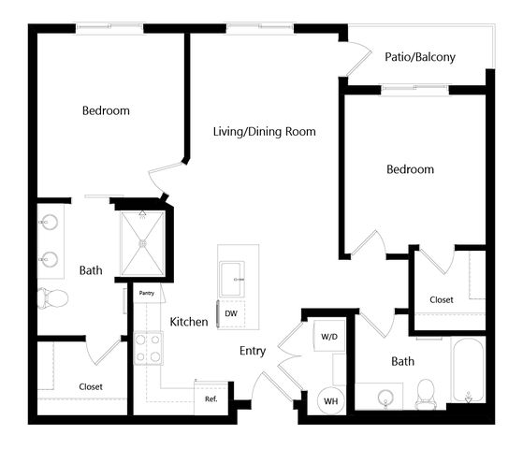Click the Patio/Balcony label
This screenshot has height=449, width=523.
pyautogui.click(x=420, y=57)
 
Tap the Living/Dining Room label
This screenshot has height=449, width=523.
pyautogui.click(x=265, y=132)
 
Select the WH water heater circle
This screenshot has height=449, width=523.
pyautogui.click(x=330, y=401)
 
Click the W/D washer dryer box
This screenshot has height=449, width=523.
pyautogui.click(x=329, y=336)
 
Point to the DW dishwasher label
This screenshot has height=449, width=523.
pyautogui.click(x=231, y=313)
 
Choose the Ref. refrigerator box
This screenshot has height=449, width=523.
pyautogui.click(x=211, y=398)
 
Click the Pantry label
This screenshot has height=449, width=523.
pyautogui.click(x=147, y=293)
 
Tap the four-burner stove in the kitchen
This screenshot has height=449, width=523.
pyautogui.click(x=149, y=348)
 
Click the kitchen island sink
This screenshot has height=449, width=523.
pyautogui.click(x=232, y=279)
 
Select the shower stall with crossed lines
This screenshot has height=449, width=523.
pyautogui.click(x=143, y=244)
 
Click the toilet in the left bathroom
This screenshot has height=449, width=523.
pyautogui.click(x=52, y=297)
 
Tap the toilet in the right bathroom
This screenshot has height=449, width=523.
pyautogui.click(x=426, y=394)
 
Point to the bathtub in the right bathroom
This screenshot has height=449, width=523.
pyautogui.click(x=468, y=369)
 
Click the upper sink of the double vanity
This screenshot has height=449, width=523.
pyautogui.click(x=49, y=223)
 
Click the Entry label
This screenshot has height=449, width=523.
pyautogui.click(x=253, y=351)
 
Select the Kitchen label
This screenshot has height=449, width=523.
pyautogui.click(x=189, y=322)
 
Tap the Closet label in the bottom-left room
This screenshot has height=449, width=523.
pyautogui.click(x=91, y=387)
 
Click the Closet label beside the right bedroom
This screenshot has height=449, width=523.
pyautogui.click(x=442, y=300)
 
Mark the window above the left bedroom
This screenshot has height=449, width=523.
pyautogui.click(x=109, y=28)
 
